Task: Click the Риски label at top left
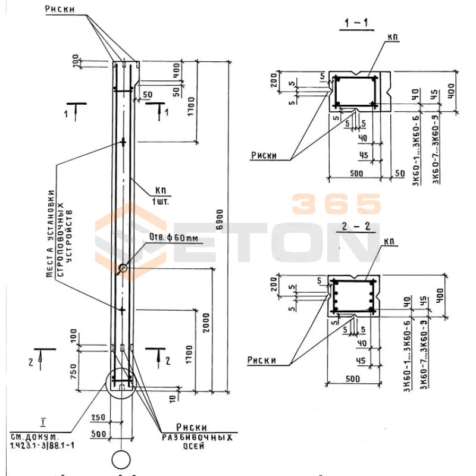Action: [62, 9]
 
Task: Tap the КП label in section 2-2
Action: [390, 242]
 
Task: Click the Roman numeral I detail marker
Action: [43, 424]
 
